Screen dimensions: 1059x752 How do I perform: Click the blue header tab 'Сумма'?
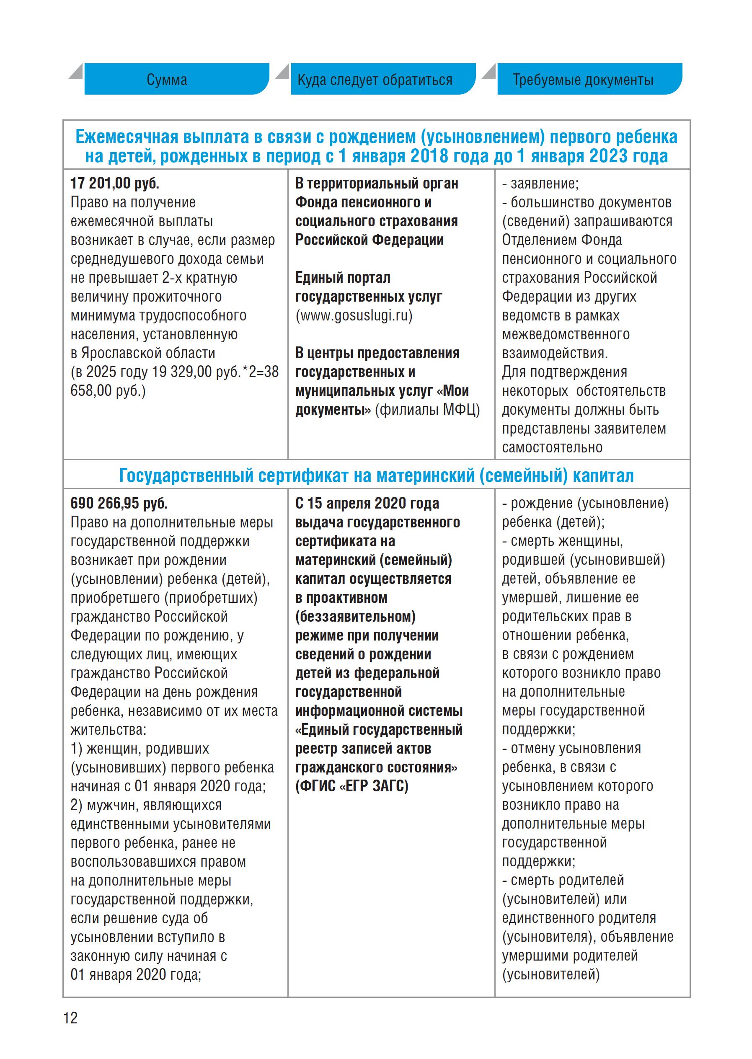pos(167,80)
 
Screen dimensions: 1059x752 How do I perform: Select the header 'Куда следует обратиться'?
pos(375,80)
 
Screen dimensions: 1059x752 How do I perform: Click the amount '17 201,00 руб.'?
pos(115,183)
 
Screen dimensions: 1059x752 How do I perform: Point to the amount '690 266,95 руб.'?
pos(119,504)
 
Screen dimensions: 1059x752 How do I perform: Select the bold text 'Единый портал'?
pos(343,278)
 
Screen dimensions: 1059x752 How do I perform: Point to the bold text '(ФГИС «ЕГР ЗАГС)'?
pos(352,786)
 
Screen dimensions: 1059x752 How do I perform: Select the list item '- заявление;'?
pos(540,183)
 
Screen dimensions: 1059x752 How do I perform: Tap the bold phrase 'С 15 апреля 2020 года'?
pos(367,504)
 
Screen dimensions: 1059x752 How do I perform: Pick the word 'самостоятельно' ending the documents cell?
pos(553,448)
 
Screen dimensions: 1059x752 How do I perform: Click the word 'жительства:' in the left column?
pos(109,730)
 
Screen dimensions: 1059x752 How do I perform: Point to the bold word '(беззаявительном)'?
pos(355,617)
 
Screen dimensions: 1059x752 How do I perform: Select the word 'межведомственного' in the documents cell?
pos(566,334)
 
